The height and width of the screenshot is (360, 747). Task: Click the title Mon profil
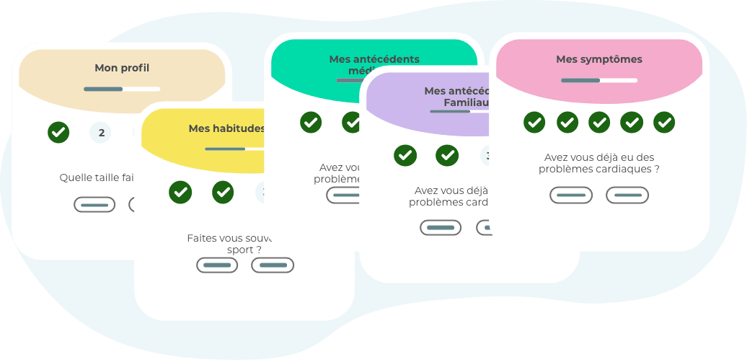pos(122,68)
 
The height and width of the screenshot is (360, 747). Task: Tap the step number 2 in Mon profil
pos(101,133)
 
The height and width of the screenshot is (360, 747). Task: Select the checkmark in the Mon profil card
pos(58,133)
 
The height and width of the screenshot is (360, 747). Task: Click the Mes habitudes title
pos(226,128)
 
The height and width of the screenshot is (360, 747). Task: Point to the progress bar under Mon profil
pos(122,89)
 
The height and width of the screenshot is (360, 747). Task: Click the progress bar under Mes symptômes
pos(599,80)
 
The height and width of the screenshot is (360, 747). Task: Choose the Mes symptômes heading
pos(599,59)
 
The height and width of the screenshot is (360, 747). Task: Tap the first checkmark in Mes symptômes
pos(534,123)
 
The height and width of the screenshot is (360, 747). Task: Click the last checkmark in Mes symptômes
pos(664,123)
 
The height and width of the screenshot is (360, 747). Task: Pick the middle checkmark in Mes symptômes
pos(599,123)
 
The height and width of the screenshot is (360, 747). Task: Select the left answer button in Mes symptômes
pos(571,195)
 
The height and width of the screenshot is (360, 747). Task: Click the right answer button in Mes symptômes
pos(627,195)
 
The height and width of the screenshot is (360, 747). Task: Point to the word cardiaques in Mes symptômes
pos(629,170)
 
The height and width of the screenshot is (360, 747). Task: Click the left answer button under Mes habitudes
pos(217,265)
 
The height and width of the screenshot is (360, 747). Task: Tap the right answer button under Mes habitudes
pos(273,265)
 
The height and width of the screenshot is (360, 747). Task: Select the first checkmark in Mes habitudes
pos(180,192)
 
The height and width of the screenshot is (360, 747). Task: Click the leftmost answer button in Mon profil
pos(94,204)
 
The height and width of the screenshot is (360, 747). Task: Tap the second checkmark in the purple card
pos(447,155)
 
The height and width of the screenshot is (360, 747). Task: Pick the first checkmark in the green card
pos(311,122)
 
